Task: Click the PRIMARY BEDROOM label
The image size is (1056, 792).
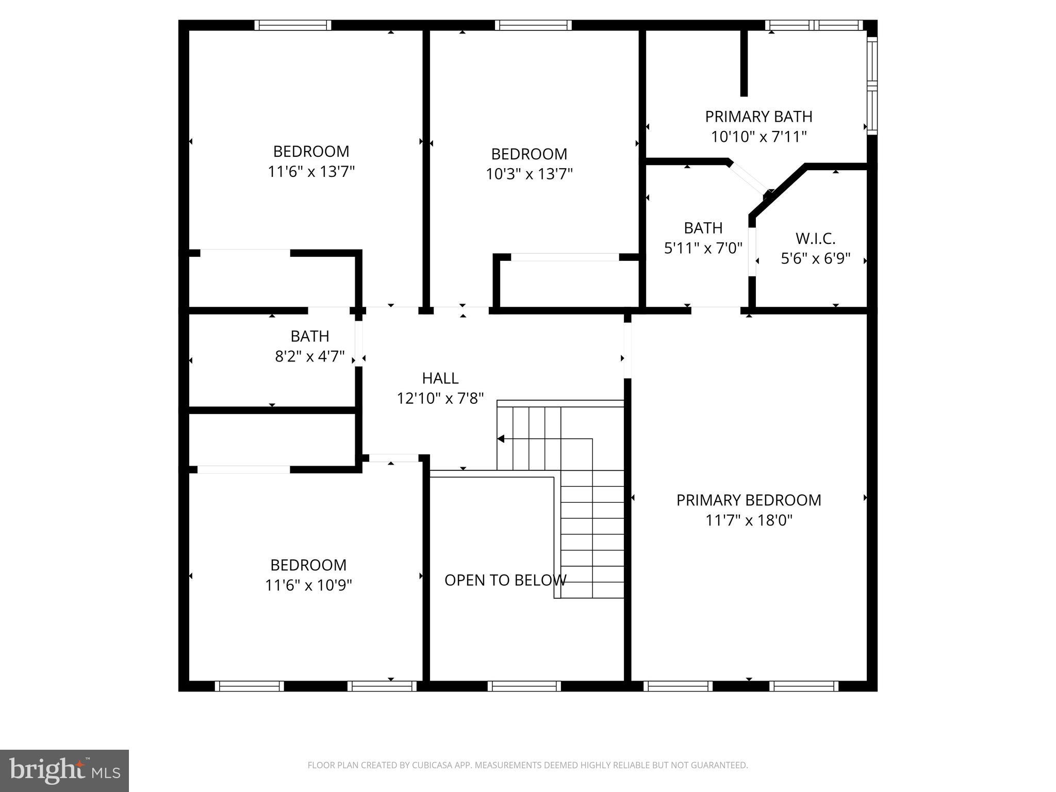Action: point(749,500)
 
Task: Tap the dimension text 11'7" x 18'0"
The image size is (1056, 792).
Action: point(749,520)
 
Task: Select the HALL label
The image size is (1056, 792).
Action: point(440,378)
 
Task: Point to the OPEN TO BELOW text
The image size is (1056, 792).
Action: point(505,581)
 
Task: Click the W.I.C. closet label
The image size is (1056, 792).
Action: point(815,239)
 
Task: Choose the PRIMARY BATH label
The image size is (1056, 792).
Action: point(758,117)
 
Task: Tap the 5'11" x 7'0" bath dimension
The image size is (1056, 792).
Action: point(703,249)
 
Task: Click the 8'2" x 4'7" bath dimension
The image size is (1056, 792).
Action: point(310,356)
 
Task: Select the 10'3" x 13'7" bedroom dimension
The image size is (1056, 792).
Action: point(529,174)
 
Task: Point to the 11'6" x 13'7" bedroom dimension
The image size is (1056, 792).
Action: point(311,172)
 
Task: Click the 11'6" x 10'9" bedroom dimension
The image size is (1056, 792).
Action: point(308,585)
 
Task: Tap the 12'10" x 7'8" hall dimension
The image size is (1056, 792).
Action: point(440,399)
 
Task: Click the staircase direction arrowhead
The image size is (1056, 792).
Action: point(501,439)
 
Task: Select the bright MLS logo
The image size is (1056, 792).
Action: point(64,771)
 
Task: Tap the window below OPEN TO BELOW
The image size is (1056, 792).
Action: point(524,686)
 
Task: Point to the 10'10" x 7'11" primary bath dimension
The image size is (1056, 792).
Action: point(758,137)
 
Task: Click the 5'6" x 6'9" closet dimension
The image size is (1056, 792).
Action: point(815,258)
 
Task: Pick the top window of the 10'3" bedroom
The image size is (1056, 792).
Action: point(533,25)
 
